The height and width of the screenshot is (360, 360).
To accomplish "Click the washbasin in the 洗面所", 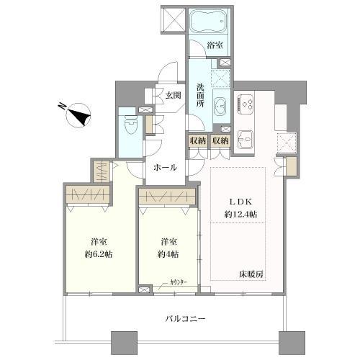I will (221, 103).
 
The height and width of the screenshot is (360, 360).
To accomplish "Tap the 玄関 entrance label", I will (172, 96).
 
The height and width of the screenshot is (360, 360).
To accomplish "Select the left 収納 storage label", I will (198, 141).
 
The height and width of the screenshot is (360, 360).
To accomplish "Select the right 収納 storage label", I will (221, 141).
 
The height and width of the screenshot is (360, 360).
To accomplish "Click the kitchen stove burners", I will (246, 105).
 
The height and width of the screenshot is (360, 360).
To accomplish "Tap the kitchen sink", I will (246, 136).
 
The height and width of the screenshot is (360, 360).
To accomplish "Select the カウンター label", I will (181, 283).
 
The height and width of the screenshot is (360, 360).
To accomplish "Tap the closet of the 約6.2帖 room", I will (88, 195).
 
